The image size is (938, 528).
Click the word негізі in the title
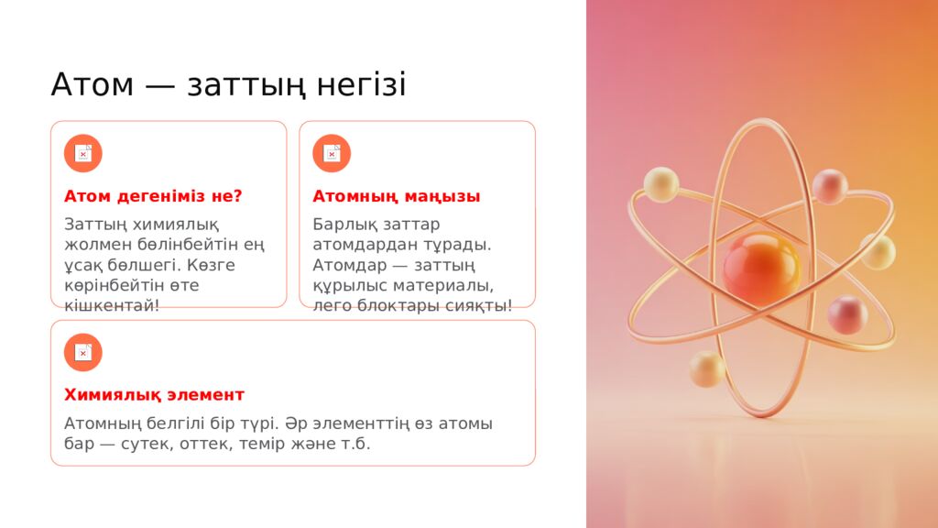[362, 85]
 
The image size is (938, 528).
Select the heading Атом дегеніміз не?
[153, 196]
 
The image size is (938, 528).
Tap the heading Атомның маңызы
[397, 196]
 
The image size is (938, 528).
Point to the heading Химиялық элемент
[154, 395]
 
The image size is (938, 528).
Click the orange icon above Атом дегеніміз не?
[83, 153]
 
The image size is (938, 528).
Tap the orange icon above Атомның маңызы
[332, 153]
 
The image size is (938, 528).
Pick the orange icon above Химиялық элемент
[83, 352]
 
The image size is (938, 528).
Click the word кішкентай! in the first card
[112, 305]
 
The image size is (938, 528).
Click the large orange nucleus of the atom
[760, 268]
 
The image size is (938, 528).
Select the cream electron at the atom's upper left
[660, 184]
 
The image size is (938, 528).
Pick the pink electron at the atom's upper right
[830, 186]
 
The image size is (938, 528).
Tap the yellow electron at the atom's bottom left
[707, 368]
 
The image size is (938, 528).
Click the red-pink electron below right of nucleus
[847, 315]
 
